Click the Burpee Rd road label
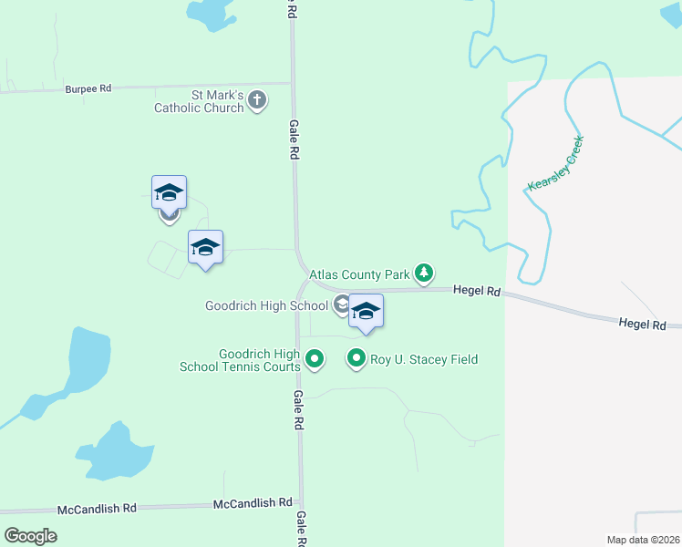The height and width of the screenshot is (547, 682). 88,88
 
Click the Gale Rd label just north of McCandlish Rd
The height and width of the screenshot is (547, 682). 298,410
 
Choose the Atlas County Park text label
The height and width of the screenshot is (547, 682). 359,273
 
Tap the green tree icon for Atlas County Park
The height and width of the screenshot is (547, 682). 424,273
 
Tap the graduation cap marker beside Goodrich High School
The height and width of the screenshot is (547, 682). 366,311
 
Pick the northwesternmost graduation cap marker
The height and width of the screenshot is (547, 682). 169,192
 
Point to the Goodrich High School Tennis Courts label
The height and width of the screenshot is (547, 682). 259,360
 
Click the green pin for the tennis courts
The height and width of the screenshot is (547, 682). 315,360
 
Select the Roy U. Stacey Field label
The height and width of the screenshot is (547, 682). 423,359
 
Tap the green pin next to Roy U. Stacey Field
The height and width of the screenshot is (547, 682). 356,359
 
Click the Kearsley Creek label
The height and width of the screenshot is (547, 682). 554,164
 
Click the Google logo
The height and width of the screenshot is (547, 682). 30,535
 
